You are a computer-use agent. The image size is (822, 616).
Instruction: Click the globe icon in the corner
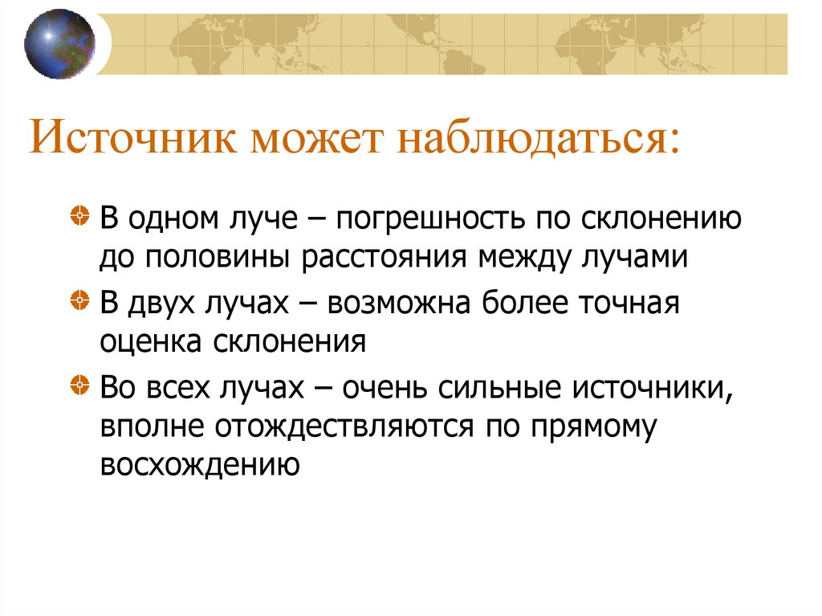coord(59,44)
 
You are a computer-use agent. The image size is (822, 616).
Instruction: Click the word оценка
coord(152,343)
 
